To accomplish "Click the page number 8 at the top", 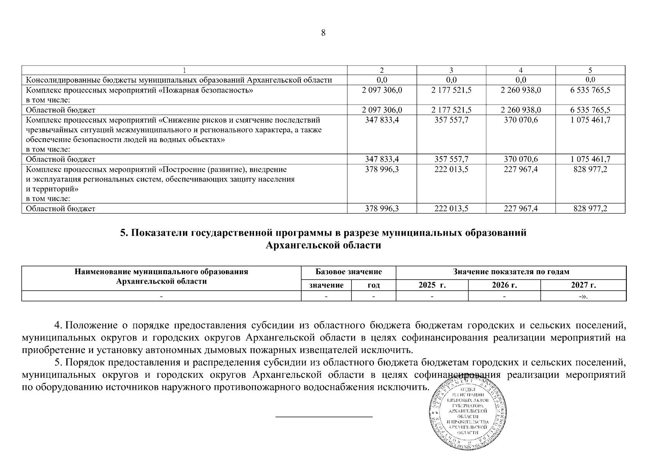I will (x=323, y=33).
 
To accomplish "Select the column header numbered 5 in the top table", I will (x=590, y=70).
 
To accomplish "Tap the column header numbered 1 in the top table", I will (x=185, y=70).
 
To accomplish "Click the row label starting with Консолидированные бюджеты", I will (x=179, y=80).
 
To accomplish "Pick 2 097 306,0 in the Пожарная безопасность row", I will (x=382, y=90).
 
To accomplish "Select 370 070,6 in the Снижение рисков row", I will (x=521, y=120).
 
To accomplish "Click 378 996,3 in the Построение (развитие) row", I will (x=382, y=169).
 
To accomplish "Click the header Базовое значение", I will (x=348, y=272).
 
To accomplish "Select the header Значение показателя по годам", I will (x=511, y=272).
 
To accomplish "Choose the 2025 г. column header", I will (x=432, y=285).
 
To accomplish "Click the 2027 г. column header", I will (x=583, y=285).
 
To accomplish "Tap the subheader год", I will (x=373, y=285).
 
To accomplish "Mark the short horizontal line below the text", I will (x=324, y=417).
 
